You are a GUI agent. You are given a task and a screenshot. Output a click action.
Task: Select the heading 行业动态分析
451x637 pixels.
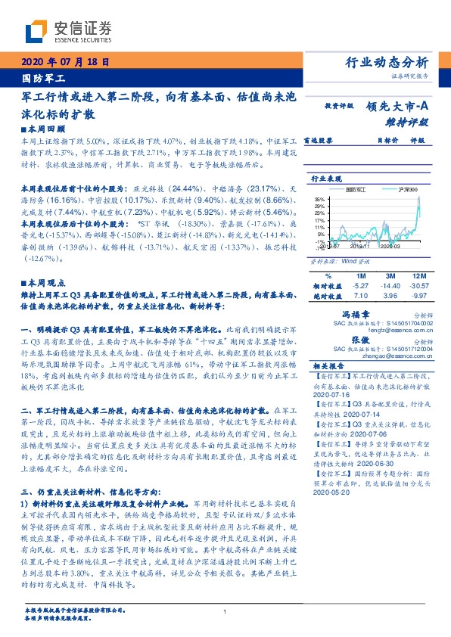tap(387, 62)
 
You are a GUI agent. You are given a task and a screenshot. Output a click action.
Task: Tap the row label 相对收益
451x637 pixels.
tap(327, 286)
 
